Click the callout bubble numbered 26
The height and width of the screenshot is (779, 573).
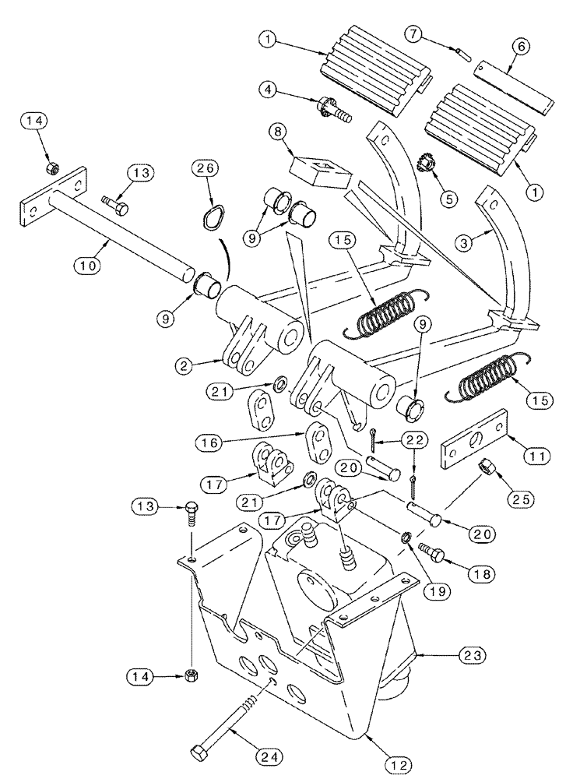point(208,167)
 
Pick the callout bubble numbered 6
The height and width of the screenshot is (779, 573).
point(520,46)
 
